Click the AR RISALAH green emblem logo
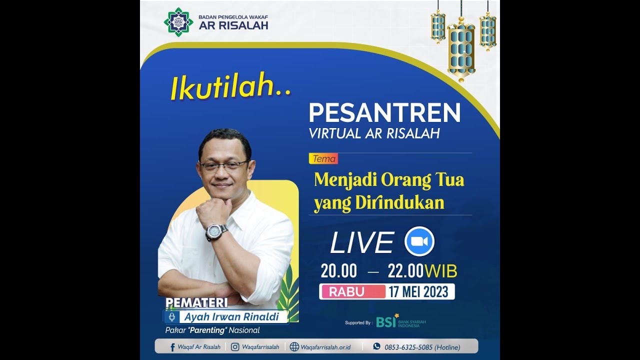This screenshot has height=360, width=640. coord(178,22)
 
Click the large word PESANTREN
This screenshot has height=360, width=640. coord(384,113)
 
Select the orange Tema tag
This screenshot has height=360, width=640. coord(323,159)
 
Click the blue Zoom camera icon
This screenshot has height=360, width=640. coord(419,241)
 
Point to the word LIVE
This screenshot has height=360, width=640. coord(362,243)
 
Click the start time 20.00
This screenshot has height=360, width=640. coord(339,271)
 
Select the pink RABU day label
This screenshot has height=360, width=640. coord(352,291)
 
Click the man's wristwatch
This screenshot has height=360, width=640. coord(216,232)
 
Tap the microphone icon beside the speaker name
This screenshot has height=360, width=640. coord(171,317)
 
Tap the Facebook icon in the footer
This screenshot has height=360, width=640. coord(172,347)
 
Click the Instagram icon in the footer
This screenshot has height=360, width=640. coord(235,346)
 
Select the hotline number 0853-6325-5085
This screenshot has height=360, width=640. coord(408,347)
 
